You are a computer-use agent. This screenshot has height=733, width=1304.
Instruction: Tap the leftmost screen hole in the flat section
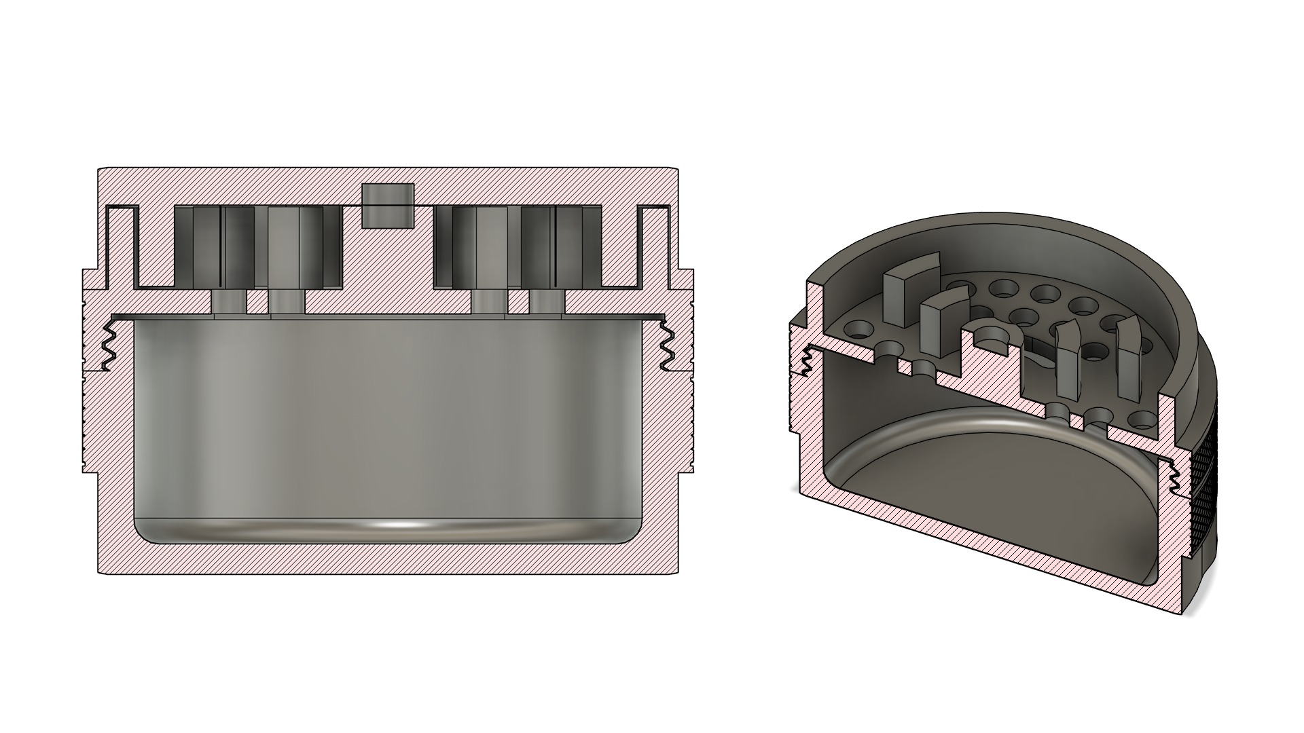[x=230, y=303]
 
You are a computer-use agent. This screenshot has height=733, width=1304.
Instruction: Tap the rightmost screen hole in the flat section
[x=545, y=303]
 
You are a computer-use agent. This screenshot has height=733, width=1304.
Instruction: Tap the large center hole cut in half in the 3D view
[x=992, y=335]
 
